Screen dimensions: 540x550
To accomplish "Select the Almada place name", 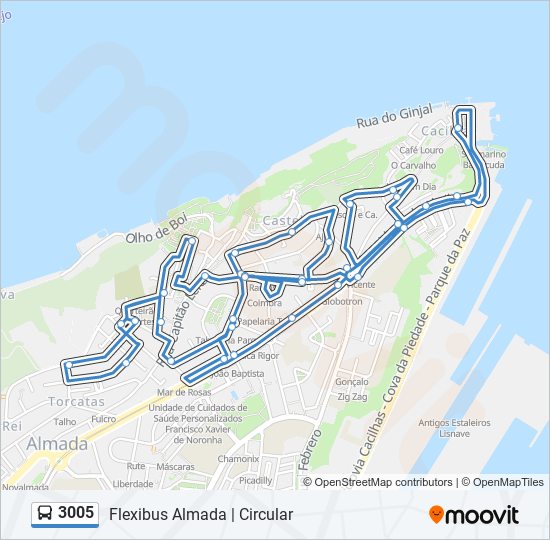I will pos(56,443).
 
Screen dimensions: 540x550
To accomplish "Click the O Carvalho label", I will pos(413,165).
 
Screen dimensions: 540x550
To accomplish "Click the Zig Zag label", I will pos(352,397).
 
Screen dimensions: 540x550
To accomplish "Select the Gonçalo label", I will pos(353,382).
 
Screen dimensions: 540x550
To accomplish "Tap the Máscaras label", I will pos(175,467).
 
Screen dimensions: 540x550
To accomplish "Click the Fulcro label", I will pos(103,419).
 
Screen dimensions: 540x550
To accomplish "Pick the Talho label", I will pos(64,422).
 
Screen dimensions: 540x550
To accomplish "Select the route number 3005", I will pos(76,514).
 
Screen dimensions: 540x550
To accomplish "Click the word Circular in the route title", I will pos(265,514).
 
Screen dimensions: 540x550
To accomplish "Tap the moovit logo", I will pos(474,515).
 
